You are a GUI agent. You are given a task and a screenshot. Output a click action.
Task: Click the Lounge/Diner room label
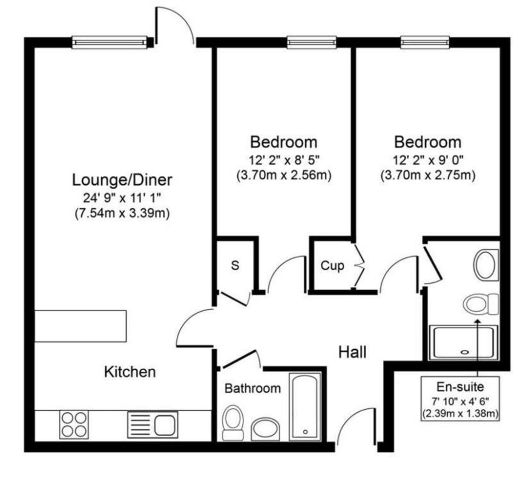[x=122, y=180]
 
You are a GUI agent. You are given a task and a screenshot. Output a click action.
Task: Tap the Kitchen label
[x=130, y=372]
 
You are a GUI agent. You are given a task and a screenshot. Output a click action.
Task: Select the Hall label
[x=352, y=352]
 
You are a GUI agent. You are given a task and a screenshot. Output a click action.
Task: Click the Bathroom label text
[x=253, y=388]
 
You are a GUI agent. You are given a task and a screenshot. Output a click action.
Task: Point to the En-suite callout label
[x=460, y=387]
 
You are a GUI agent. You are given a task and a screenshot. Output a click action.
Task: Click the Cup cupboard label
[x=332, y=265]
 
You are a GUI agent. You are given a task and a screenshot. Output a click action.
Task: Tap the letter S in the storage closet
[x=235, y=265]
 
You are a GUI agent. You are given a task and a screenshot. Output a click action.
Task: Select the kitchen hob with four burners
[x=74, y=425]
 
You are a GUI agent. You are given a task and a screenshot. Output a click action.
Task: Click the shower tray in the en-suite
[x=464, y=343]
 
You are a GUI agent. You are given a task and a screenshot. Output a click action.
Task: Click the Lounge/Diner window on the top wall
[x=110, y=42]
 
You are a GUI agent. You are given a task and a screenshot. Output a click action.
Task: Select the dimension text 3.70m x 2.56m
[x=284, y=175]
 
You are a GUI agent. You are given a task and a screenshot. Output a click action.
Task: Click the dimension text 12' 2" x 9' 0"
[x=428, y=159]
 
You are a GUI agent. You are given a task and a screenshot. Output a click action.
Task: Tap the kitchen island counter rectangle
[x=81, y=326]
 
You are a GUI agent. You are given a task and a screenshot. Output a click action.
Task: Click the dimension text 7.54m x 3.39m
[x=122, y=214]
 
